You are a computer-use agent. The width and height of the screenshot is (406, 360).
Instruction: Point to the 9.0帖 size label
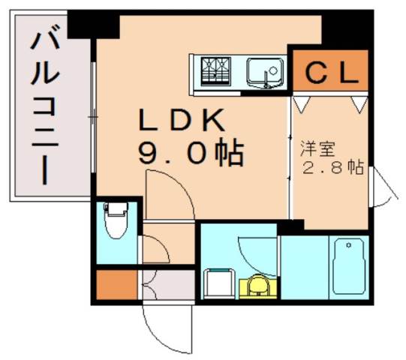191,153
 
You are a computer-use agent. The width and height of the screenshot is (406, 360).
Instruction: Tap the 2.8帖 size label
329,167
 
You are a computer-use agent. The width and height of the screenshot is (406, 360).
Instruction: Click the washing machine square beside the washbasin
218,284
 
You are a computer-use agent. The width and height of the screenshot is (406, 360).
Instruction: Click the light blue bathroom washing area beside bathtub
301,266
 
